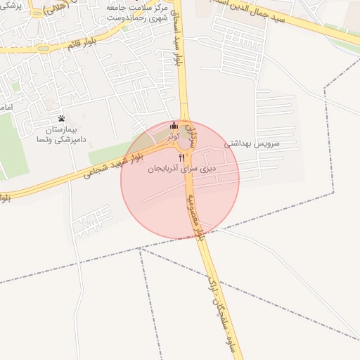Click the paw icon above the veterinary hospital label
62,118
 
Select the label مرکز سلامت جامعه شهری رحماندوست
137,11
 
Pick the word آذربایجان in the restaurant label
167,169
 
